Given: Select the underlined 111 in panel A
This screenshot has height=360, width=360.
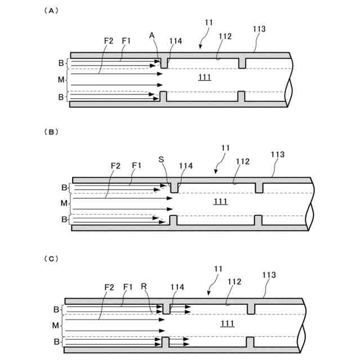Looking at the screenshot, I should click(205, 77).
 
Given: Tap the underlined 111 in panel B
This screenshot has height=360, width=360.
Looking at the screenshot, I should click(221, 201).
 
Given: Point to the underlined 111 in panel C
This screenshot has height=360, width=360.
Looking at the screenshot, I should click(227, 323).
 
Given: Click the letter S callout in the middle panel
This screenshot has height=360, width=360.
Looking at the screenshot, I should click(161, 159).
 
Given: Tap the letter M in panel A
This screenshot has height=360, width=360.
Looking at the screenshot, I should click(61, 80).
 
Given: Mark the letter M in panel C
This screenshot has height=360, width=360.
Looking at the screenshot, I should click(56, 325).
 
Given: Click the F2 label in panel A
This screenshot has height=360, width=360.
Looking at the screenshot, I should click(109, 40).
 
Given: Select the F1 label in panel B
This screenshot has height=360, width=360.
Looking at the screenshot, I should click(136, 166).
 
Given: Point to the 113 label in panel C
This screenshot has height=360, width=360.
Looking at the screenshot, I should click(271, 275).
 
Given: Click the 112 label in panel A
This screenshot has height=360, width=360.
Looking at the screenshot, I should click(225, 36).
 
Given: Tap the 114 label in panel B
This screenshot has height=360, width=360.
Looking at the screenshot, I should click(186, 166).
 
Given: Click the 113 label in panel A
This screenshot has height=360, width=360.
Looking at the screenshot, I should click(259, 29).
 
